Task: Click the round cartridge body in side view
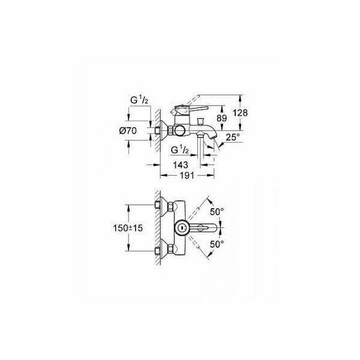click(x=178, y=131)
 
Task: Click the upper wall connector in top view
click(x=160, y=206)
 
